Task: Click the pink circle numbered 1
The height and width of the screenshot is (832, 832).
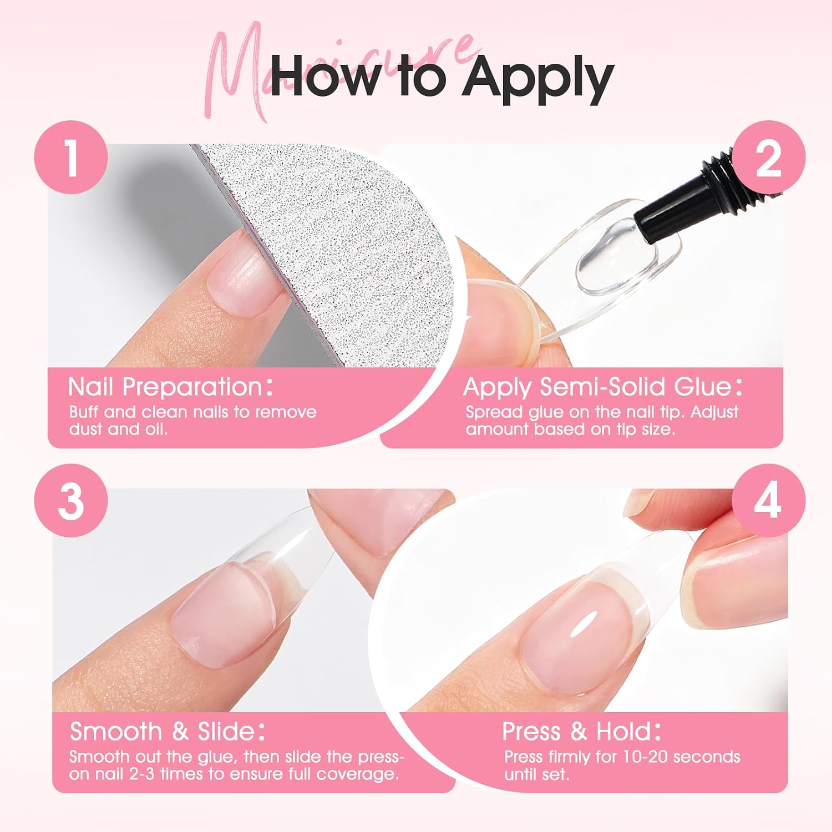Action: (71, 158)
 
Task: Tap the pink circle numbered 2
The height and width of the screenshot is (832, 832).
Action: (768, 158)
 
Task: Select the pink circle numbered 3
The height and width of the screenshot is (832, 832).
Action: (71, 501)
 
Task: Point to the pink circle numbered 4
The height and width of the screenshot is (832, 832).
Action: (768, 501)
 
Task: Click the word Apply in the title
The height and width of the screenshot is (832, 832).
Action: (538, 79)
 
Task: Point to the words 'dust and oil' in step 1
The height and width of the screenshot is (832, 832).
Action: (117, 429)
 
